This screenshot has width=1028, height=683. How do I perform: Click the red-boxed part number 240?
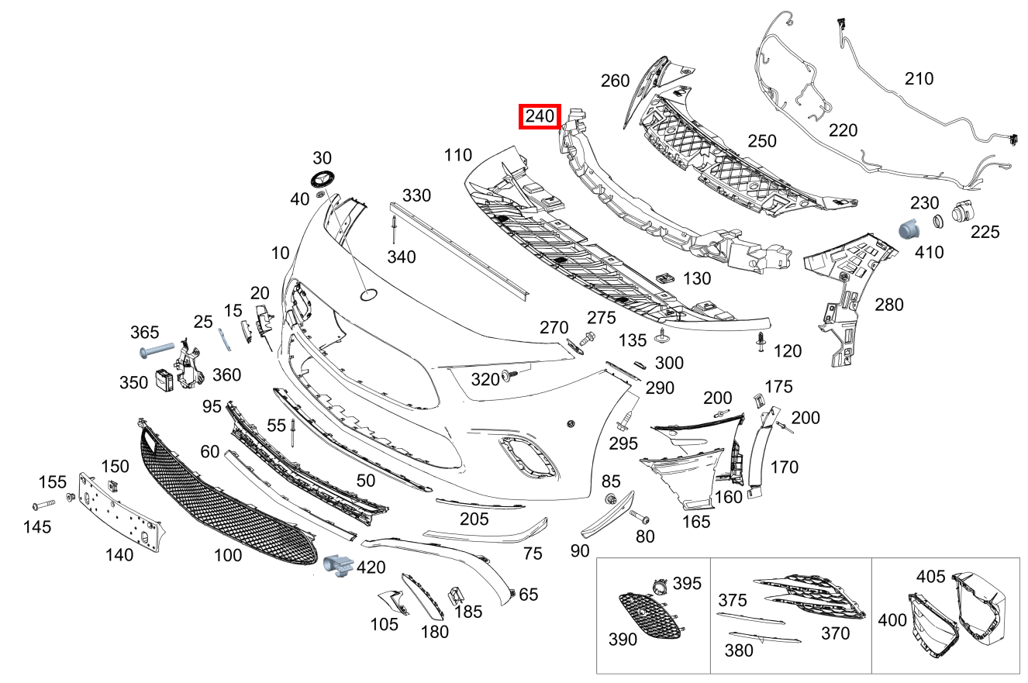click(540, 117)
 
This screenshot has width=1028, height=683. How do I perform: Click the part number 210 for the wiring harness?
click(919, 78)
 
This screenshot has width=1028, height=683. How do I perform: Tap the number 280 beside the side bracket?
click(888, 305)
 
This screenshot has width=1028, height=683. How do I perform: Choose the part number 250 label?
click(761, 141)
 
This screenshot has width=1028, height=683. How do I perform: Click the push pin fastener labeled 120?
click(761, 342)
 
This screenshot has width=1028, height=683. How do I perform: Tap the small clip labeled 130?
click(664, 277)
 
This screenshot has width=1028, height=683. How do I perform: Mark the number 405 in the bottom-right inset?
click(931, 576)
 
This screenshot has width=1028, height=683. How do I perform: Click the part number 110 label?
click(458, 155)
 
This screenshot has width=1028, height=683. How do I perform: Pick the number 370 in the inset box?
click(835, 633)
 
